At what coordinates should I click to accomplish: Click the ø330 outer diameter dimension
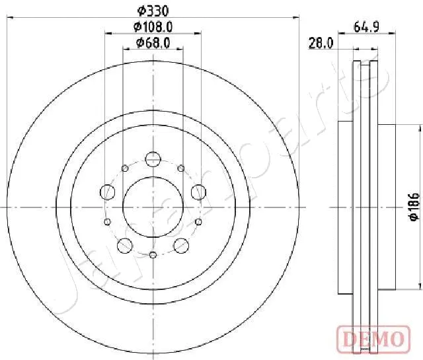coord(153,11)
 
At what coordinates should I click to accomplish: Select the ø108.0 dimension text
coord(153,27)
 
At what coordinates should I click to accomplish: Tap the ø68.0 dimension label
coord(153,43)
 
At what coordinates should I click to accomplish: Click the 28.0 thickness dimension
coord(320,44)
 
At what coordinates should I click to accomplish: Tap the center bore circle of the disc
coord(153,207)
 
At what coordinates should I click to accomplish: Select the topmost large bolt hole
coord(153,159)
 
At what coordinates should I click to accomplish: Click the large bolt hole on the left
coord(107,192)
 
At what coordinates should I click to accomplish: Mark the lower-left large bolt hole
coord(124,246)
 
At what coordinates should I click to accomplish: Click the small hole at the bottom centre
coord(153,254)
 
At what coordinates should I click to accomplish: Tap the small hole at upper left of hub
coord(124,168)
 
